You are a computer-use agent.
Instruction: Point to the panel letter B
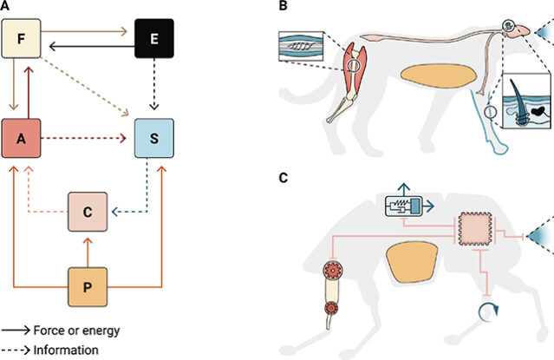pyautogui.click(x=283, y=7)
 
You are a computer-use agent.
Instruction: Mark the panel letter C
pyautogui.click(x=283, y=179)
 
